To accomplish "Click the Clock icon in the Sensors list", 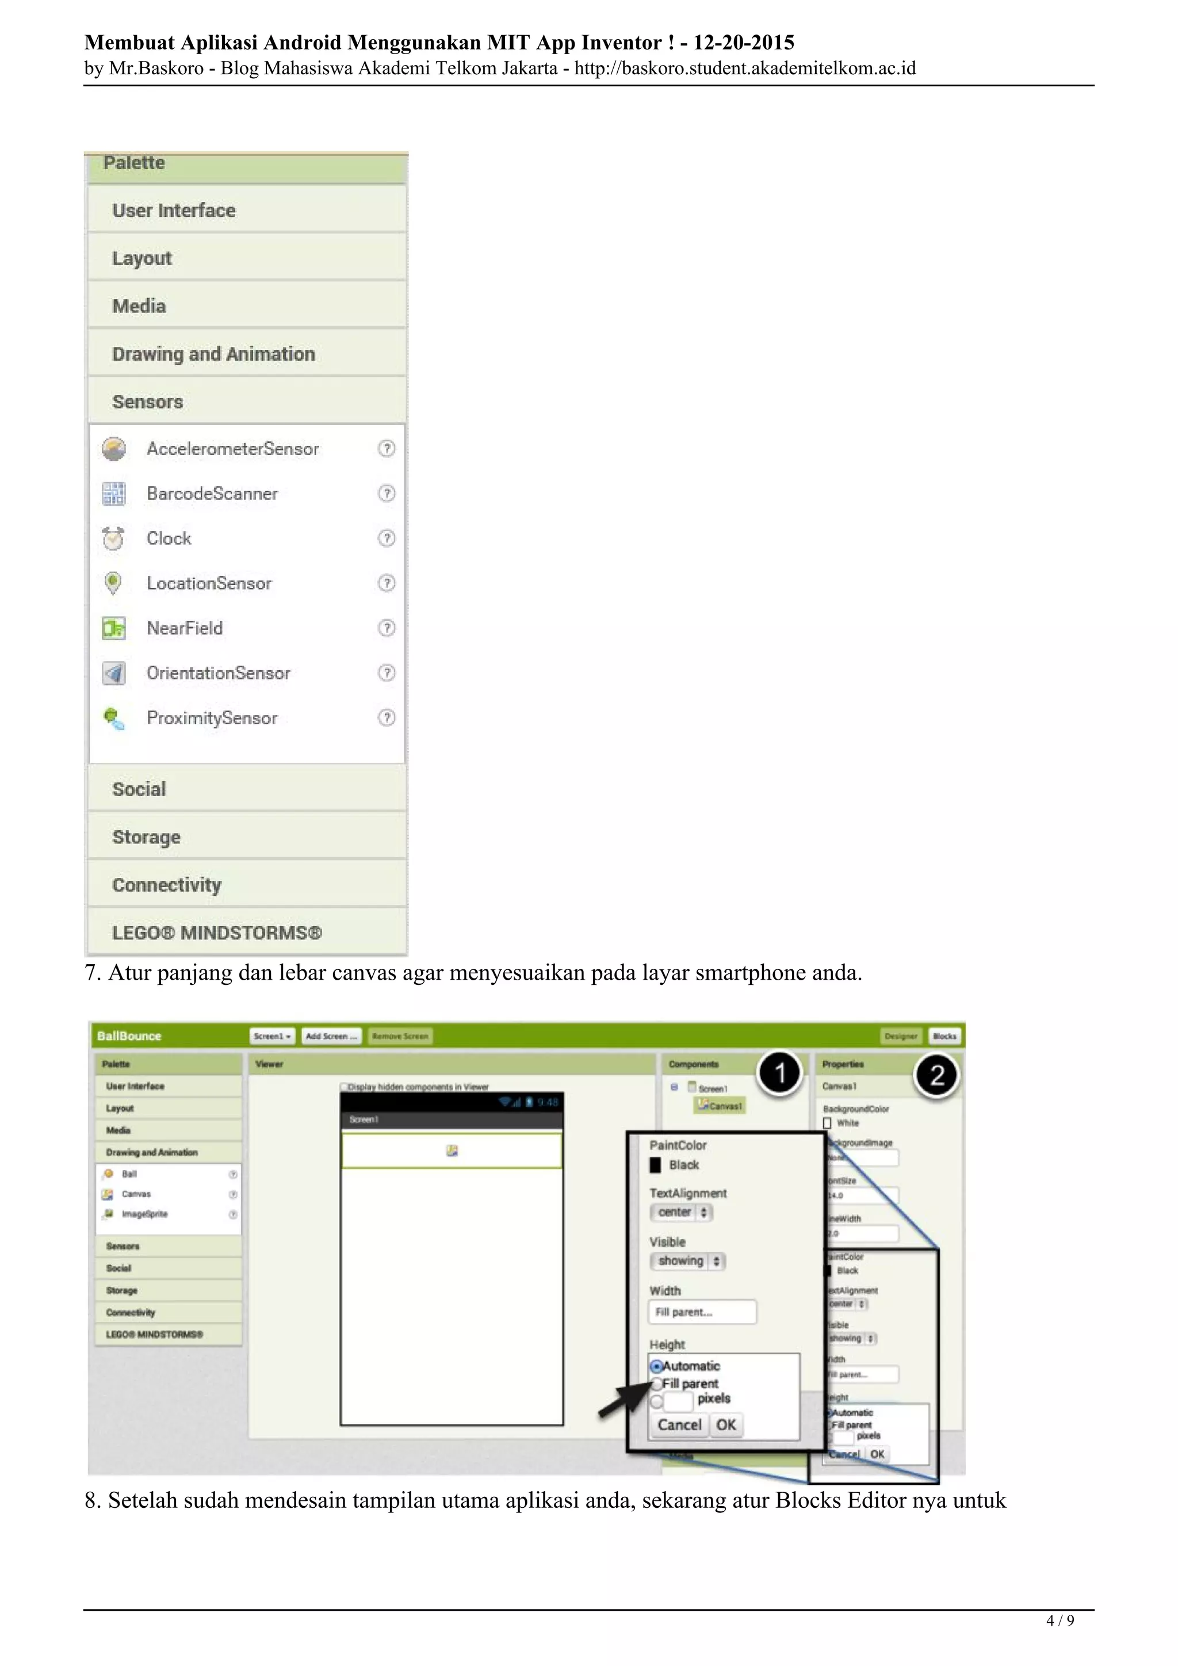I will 113,538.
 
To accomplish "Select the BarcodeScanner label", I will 212,494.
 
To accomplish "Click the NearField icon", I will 113,628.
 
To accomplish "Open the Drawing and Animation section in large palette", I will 213,354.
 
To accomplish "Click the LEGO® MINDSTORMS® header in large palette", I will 217,933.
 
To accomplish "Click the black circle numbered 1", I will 780,1073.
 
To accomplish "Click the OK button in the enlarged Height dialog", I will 726,1424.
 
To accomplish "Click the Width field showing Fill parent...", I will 701,1312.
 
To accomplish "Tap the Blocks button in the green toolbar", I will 944,1036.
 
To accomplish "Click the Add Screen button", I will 331,1036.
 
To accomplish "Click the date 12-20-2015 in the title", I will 744,43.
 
